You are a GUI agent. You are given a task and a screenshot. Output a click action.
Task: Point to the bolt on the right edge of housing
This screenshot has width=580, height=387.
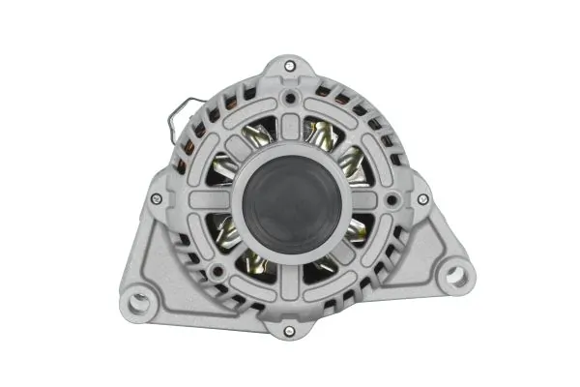(422, 199)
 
